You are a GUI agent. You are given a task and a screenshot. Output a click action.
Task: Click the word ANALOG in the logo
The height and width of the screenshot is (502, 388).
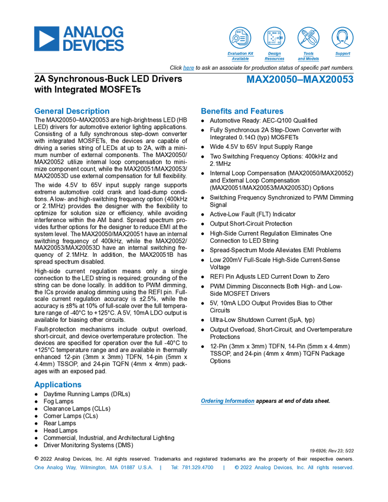coord(94,31)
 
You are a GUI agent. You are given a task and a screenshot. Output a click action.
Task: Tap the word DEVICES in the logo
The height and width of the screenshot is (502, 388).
coord(94,45)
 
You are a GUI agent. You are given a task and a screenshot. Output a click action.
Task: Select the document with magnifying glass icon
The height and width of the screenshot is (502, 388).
coord(240,38)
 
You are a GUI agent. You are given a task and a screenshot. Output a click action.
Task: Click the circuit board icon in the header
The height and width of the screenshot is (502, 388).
coord(274,38)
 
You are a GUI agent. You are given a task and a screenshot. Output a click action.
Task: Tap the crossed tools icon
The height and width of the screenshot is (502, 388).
coord(308,38)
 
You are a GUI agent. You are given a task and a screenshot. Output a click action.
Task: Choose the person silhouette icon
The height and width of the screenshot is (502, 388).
coord(342,38)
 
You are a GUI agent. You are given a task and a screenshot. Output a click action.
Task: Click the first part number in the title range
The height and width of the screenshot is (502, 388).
coord(272,80)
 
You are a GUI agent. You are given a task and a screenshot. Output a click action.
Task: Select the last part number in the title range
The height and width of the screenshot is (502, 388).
coord(329,80)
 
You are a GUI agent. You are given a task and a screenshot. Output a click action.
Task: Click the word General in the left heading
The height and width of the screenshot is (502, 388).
coord(47,111)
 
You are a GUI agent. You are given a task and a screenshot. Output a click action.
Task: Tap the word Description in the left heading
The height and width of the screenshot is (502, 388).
coord(88,111)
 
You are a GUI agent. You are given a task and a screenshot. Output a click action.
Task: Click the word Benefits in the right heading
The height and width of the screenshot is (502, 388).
coord(216,111)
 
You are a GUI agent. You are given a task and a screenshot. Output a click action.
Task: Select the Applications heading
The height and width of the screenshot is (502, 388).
coord(58,384)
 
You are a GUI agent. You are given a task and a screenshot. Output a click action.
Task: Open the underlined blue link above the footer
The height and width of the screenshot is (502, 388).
coord(227,402)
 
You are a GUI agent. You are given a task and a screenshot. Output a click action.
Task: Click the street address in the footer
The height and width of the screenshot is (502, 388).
coord(93,468)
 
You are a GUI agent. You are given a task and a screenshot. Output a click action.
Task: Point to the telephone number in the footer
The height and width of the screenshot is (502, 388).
coord(192,468)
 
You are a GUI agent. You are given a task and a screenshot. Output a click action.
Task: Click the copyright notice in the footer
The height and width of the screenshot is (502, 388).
coord(294,468)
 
